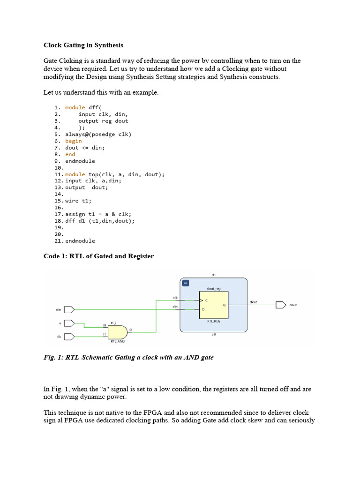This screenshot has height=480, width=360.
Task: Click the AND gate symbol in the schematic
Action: pos(117,332)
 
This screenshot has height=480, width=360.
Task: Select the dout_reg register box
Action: pos(214,305)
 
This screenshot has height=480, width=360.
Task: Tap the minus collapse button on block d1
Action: pos(185,284)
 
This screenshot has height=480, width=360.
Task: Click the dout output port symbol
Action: pos(281,305)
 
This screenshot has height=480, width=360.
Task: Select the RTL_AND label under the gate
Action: pos(117,342)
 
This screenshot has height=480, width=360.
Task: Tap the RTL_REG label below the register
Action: pos(214,322)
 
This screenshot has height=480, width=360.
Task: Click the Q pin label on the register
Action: pos(224,305)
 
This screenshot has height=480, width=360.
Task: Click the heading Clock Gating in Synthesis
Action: pos(83,45)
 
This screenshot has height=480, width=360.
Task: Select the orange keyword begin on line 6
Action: pos(73,141)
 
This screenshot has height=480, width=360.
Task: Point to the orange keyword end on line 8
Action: pos(70,154)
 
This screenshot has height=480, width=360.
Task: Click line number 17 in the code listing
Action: pos(59,214)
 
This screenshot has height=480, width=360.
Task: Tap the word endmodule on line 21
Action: pos(80,241)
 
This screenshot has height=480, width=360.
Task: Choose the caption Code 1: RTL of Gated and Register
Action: pos(98,256)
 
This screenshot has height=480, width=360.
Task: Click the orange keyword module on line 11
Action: pos(75,174)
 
